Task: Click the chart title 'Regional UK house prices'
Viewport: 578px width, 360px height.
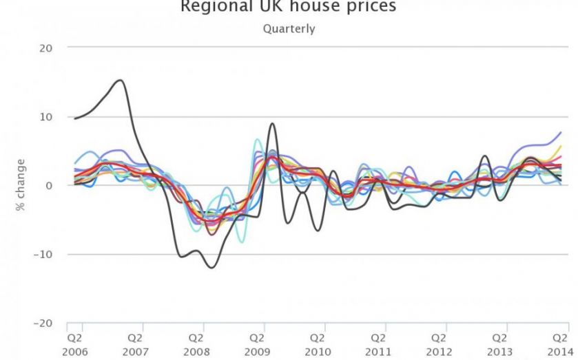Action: [289, 7]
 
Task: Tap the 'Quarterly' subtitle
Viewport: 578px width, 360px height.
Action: [289, 29]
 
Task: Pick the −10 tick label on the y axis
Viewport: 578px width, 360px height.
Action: [43, 254]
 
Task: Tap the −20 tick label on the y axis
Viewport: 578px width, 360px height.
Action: [43, 322]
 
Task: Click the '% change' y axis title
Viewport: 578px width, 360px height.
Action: [21, 185]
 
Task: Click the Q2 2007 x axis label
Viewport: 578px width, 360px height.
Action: [135, 344]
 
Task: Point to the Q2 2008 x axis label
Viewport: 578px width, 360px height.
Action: [196, 344]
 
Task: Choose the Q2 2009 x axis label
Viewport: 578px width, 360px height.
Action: [256, 344]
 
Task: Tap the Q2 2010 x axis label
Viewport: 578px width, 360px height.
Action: [317, 344]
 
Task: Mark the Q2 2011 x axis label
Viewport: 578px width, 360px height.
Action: [378, 344]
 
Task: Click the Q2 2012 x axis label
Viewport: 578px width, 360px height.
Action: [438, 344]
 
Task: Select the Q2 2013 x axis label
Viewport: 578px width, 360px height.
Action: [499, 344]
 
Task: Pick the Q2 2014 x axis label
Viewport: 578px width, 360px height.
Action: [559, 344]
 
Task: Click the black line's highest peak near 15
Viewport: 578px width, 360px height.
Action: [121, 80]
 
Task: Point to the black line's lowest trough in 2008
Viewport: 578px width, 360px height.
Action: [211, 267]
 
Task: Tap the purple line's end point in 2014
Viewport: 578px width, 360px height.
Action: [561, 132]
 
